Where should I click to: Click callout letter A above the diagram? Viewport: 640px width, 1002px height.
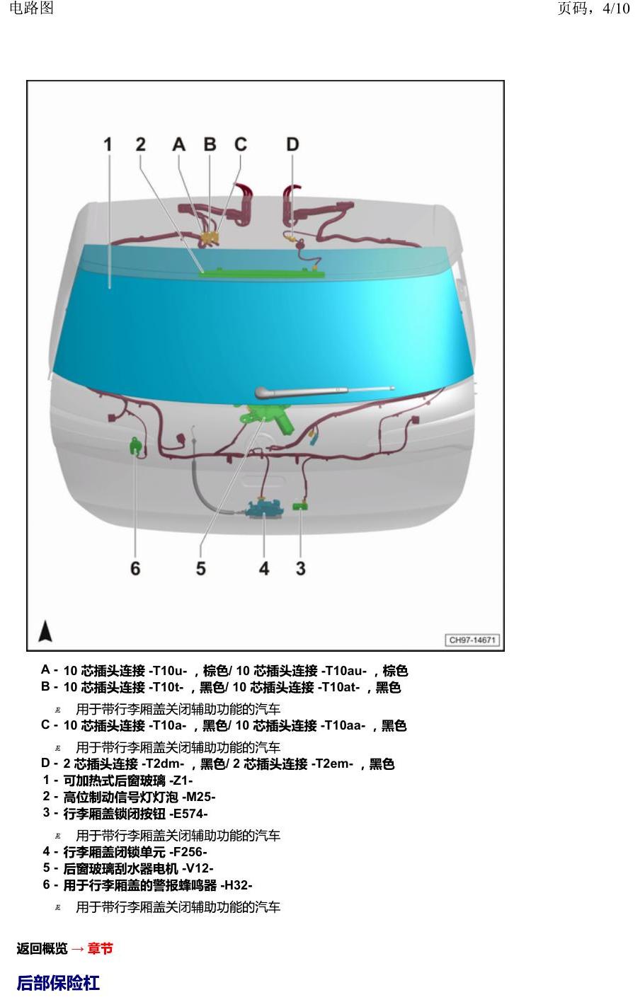(x=179, y=144)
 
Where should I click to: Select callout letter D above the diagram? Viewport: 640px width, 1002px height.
(x=292, y=144)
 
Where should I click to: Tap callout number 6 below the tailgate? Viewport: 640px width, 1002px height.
(x=135, y=568)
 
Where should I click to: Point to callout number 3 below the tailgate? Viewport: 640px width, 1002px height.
(x=301, y=568)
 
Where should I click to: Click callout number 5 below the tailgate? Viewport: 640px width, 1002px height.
(x=201, y=568)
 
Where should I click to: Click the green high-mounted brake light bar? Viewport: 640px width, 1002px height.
(x=261, y=272)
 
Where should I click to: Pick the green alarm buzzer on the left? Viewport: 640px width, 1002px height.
(x=136, y=446)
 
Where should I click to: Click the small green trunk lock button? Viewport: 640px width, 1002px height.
(x=300, y=507)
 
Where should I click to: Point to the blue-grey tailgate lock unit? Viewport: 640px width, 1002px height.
(x=265, y=509)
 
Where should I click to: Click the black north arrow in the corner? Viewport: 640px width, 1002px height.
(x=45, y=630)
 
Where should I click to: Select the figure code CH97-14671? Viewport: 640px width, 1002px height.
(x=472, y=640)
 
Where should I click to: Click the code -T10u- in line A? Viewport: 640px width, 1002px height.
(x=168, y=671)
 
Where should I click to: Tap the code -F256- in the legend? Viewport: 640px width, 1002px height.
(x=188, y=852)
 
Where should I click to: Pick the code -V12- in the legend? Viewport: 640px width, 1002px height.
(x=198, y=869)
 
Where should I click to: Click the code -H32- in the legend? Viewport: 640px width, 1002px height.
(x=236, y=885)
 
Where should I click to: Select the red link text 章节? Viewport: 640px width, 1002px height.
(x=101, y=948)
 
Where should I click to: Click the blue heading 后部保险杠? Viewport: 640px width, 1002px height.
(x=58, y=983)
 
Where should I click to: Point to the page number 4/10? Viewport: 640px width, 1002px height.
(x=616, y=8)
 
